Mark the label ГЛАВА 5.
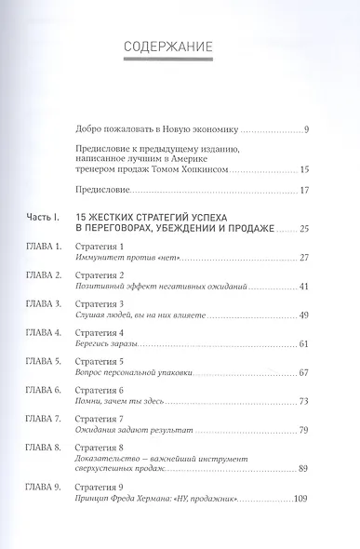coord(41,362)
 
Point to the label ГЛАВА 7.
coord(41,421)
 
